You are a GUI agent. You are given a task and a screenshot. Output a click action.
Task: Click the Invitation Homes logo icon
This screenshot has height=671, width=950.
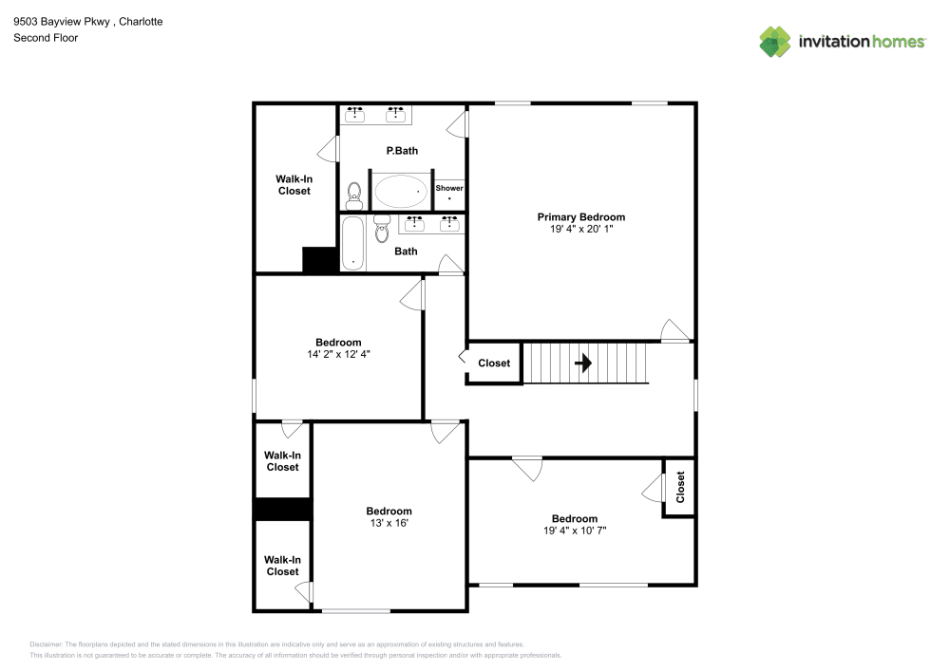(x=775, y=42)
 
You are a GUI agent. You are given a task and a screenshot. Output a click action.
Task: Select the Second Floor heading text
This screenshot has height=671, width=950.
(x=46, y=38)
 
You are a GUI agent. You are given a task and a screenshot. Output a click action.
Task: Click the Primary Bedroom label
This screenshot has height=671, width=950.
(x=580, y=217)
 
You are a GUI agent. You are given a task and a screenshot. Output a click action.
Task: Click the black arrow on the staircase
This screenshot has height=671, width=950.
(x=583, y=363)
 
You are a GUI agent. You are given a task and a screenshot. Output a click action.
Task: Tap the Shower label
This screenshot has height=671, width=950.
(x=449, y=188)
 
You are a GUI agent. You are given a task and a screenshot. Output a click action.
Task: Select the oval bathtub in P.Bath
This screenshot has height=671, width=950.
(x=400, y=193)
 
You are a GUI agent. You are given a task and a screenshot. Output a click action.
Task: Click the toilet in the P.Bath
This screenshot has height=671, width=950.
(x=354, y=196)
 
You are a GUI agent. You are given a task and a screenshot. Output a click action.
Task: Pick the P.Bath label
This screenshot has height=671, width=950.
(x=402, y=151)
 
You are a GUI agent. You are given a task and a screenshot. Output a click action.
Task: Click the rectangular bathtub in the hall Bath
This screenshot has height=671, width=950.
(x=352, y=244)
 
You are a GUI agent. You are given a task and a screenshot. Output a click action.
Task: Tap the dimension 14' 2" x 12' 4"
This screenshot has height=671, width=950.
(x=338, y=355)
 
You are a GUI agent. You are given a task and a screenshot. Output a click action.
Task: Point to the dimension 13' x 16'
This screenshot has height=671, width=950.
(x=389, y=523)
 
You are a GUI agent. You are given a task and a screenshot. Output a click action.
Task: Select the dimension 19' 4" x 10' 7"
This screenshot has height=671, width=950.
(x=575, y=531)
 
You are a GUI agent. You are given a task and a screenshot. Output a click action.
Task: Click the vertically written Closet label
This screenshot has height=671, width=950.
(x=680, y=487)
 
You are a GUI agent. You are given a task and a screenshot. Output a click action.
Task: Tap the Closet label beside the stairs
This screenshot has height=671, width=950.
(x=494, y=363)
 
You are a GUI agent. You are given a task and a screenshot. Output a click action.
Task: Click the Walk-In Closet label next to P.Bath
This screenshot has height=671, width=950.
(x=294, y=185)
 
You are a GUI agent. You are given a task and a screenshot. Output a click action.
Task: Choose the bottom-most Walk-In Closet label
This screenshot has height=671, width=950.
(x=282, y=566)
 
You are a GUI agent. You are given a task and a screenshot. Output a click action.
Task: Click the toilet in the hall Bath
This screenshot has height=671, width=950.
(x=382, y=227)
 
